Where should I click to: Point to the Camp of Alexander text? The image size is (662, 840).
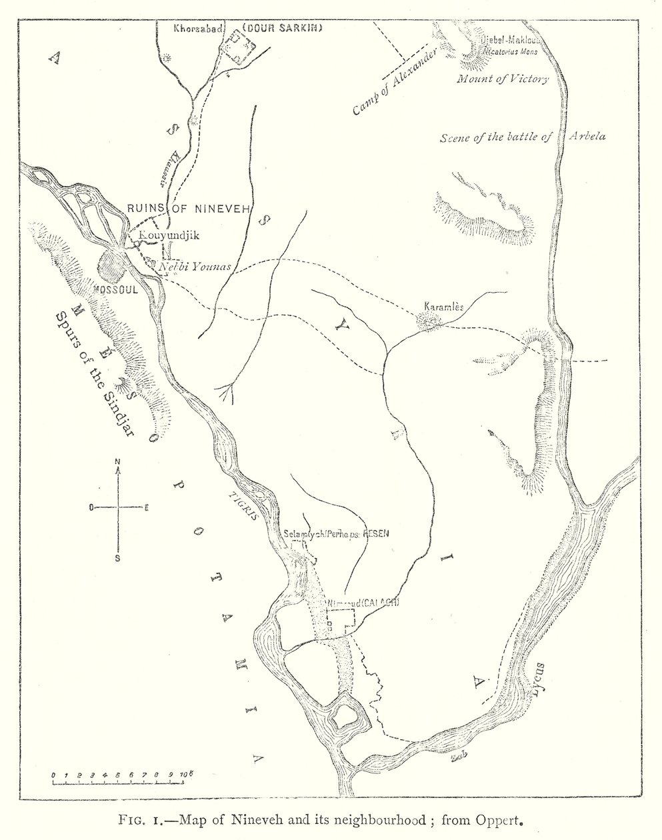[395, 83]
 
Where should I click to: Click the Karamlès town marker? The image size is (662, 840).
[427, 323]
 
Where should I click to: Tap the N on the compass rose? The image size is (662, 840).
[117, 462]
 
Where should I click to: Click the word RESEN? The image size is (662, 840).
[375, 533]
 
